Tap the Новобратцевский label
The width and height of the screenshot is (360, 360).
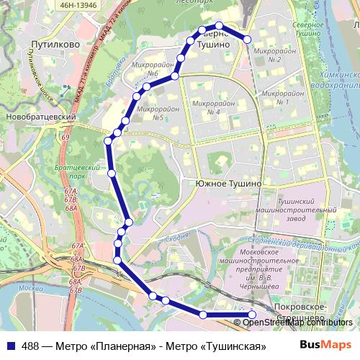(x=40, y=117)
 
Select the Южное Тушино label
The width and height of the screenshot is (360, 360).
(x=229, y=184)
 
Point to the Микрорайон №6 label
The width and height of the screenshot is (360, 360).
(x=145, y=69)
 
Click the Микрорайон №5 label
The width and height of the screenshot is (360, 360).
(x=151, y=113)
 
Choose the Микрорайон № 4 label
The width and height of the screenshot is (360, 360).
(x=212, y=107)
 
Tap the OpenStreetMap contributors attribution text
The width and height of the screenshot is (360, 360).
(x=297, y=323)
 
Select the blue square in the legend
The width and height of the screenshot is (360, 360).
(x=10, y=345)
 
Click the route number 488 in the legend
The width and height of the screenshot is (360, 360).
(x=30, y=345)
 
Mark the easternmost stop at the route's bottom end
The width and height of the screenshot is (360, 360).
(x=252, y=315)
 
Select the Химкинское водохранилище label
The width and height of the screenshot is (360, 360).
(x=333, y=80)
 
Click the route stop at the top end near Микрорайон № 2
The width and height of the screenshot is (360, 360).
(x=247, y=40)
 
